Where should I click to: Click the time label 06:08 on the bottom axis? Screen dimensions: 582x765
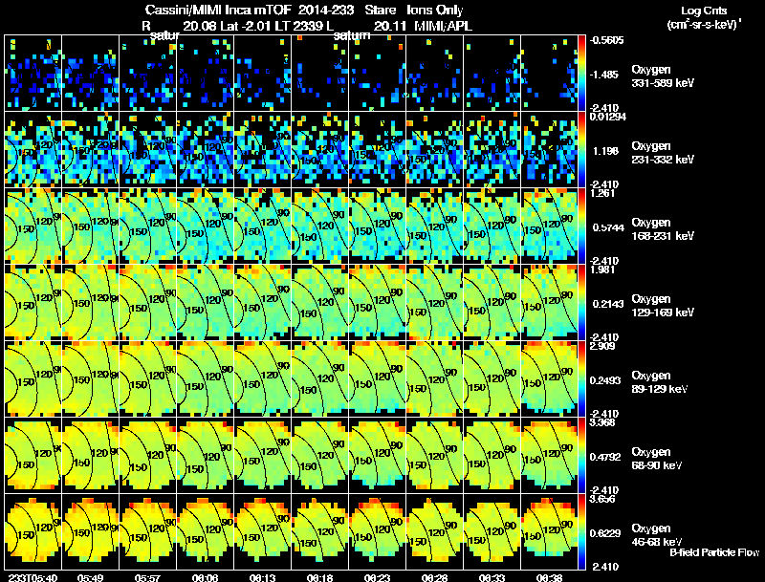tap(205, 577)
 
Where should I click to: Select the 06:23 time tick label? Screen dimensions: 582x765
tap(377, 577)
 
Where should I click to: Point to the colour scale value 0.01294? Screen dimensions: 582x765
tap(609, 117)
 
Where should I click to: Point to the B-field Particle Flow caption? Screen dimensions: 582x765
tap(713, 552)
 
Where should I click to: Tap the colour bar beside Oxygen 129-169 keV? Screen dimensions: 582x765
tap(582, 302)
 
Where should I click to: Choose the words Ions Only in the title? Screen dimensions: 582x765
tap(434, 10)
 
